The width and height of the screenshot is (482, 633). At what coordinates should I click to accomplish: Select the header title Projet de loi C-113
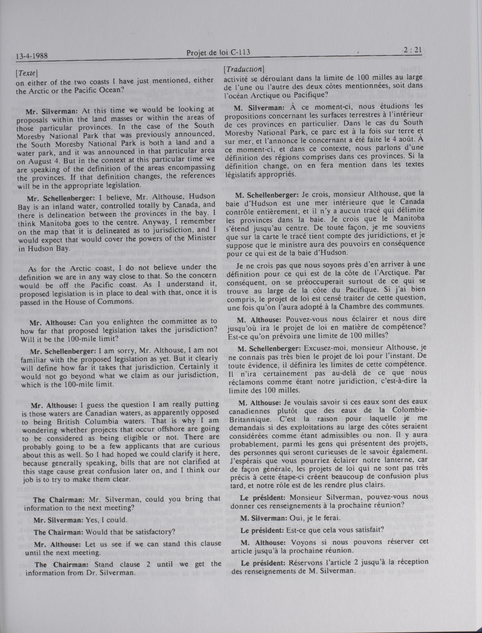(x=218, y=52)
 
